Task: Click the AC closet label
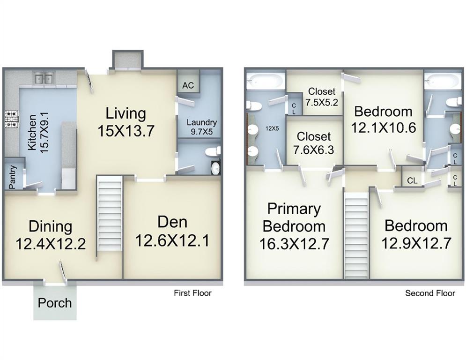click(x=188, y=85)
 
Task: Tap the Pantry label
click(x=12, y=177)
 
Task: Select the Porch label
click(x=55, y=303)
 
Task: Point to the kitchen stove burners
click(x=11, y=119)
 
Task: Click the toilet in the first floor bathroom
click(x=213, y=151)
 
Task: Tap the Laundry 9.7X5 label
click(x=202, y=127)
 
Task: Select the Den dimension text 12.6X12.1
click(x=172, y=240)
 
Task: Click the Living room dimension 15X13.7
click(x=126, y=131)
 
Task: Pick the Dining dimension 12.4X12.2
click(x=51, y=244)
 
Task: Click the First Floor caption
click(x=192, y=293)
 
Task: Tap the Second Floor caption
click(x=430, y=293)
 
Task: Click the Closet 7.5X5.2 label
click(x=322, y=97)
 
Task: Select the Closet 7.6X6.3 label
click(x=313, y=143)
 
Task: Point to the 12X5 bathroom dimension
click(x=272, y=129)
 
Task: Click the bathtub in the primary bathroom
click(x=266, y=80)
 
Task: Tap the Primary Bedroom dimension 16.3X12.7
click(x=294, y=244)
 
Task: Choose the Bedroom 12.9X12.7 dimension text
click(x=416, y=243)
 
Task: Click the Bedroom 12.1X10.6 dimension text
click(x=384, y=128)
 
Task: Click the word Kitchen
click(x=32, y=132)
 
